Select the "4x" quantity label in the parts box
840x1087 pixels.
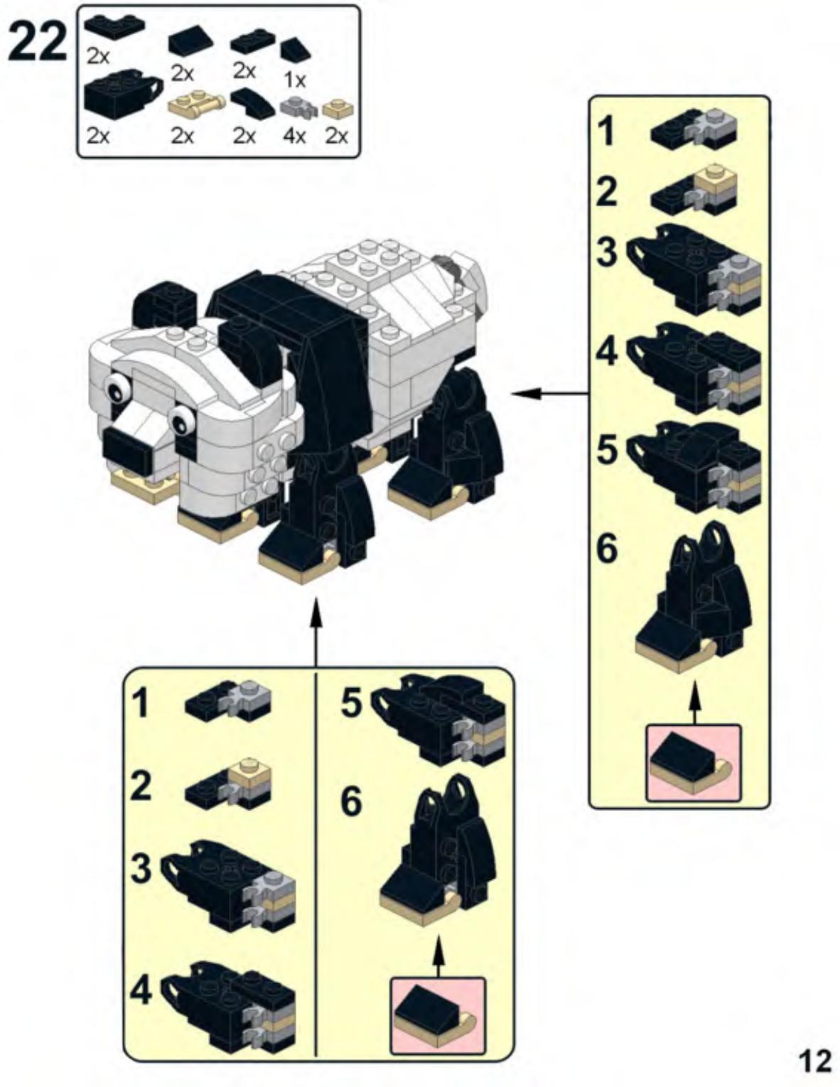[294, 135]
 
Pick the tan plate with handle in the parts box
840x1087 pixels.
[196, 108]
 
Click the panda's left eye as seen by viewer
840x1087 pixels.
[118, 388]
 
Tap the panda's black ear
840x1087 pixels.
[166, 304]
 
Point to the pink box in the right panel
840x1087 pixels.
[693, 762]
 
